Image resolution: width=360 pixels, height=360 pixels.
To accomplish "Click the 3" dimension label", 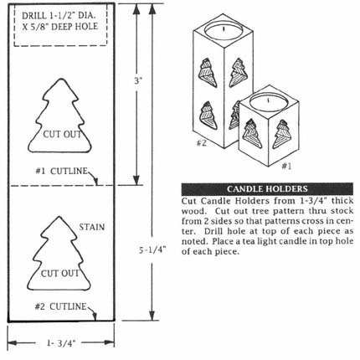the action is pyautogui.click(x=138, y=81).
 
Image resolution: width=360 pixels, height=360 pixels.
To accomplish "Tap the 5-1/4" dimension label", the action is pyautogui.click(x=152, y=250).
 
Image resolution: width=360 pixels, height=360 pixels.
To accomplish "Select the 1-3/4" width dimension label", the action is pyautogui.click(x=61, y=343).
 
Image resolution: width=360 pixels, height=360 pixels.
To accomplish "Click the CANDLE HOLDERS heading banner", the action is pyautogui.click(x=267, y=189).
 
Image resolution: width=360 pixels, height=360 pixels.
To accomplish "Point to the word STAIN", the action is pyautogui.click(x=92, y=227).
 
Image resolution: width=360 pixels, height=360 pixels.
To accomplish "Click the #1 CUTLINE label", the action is pyautogui.click(x=61, y=171).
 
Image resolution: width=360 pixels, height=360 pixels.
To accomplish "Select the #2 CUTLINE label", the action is pyautogui.click(x=60, y=306).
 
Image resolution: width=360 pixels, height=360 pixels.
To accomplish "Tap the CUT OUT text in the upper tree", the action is pyautogui.click(x=62, y=134).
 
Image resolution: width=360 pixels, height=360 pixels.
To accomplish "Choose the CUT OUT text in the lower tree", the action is pyautogui.click(x=60, y=273).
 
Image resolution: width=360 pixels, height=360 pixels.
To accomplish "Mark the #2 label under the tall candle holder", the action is pyautogui.click(x=202, y=143).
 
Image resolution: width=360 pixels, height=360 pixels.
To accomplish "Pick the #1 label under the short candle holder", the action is pyautogui.click(x=286, y=166).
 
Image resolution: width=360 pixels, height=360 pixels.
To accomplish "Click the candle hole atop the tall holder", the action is pyautogui.click(x=224, y=30).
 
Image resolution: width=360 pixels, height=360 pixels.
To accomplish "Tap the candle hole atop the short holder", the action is pyautogui.click(x=268, y=101).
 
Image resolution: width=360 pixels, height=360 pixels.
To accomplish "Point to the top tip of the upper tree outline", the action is pyautogui.click(x=60, y=79).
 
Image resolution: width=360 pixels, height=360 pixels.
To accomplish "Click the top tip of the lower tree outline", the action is pyautogui.click(x=59, y=217).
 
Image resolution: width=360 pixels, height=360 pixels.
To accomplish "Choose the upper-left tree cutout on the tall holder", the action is pyautogui.click(x=208, y=73).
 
